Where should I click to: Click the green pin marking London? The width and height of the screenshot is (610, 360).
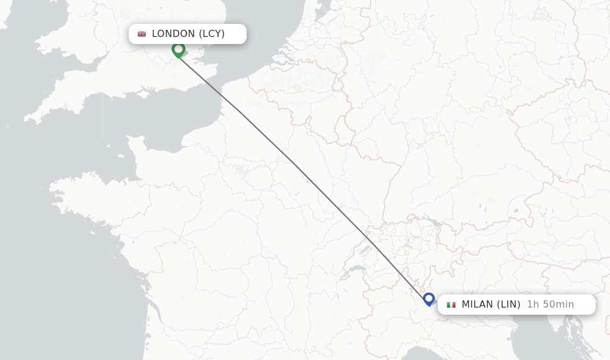pos(178,49)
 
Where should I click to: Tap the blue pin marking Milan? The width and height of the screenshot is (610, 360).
pos(428,298)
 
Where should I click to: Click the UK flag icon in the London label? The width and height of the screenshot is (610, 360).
pos(142,34)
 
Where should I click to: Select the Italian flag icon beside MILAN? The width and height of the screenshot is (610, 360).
pos(451,305)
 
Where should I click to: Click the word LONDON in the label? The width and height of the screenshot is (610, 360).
pos(173,34)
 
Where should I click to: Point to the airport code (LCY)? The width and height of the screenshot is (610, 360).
pos(211,34)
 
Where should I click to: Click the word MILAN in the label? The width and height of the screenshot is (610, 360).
pos(477,305)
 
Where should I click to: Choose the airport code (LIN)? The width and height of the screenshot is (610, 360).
pos(509,305)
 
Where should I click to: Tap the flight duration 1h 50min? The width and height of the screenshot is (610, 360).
pos(550,305)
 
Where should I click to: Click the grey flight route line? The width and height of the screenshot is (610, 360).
pos(298,167)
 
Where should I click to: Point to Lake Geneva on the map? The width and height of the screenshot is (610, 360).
pos(357,269)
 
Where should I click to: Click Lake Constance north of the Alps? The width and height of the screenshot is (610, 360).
pos(433,222)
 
